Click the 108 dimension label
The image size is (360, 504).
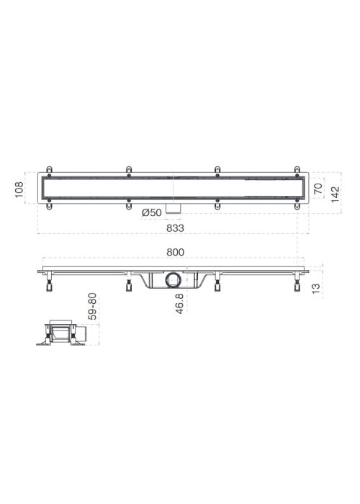[x=19, y=189]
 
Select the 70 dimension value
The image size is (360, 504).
[x=318, y=189]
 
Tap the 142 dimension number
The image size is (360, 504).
[x=336, y=194]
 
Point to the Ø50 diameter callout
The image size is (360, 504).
[x=152, y=212]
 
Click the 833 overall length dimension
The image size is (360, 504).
[x=175, y=228]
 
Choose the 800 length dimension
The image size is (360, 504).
[x=175, y=252]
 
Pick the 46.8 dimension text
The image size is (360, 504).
[x=179, y=304]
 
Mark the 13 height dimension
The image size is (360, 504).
[x=316, y=288]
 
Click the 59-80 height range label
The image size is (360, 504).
[x=93, y=306]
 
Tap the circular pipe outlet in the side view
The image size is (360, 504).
[x=174, y=280]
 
